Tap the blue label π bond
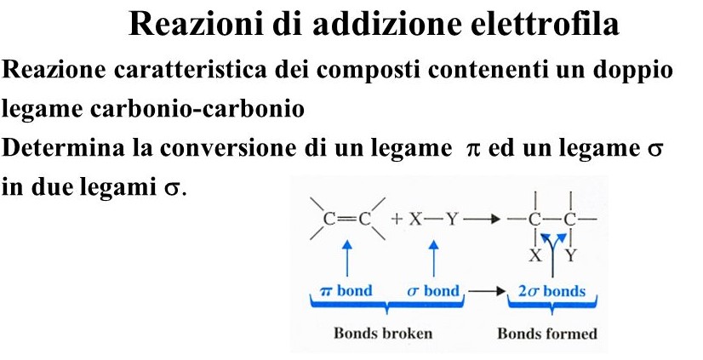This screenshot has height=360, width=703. [346, 291]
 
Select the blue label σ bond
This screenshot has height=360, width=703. [432, 291]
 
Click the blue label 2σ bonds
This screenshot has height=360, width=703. [552, 291]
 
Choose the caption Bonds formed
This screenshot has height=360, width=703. [547, 333]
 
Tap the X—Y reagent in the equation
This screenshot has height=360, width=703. [434, 219]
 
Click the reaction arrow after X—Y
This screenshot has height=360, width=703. [482, 220]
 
